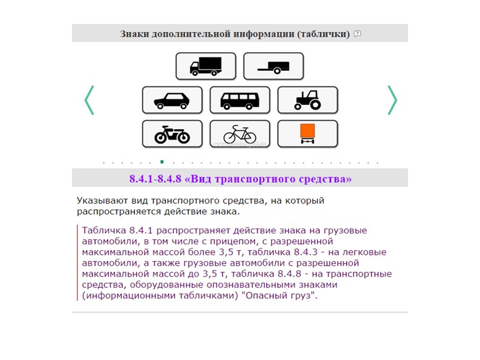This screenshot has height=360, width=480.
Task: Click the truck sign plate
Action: (206, 66)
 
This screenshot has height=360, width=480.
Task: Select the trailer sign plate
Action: (274, 66)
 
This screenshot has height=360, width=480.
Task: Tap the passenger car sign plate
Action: (172, 100)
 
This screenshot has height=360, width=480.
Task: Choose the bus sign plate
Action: (240, 100)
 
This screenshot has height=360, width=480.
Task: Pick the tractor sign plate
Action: (307, 100)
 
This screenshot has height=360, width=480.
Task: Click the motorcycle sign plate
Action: (172, 134)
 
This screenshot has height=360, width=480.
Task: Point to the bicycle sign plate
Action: (240, 134)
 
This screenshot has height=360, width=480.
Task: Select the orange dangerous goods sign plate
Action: (307, 133)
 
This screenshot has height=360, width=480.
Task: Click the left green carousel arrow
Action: (89, 100)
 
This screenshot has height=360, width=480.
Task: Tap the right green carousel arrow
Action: (392, 100)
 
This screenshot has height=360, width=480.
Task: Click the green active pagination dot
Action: (162, 162)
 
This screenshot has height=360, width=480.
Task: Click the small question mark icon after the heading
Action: (358, 34)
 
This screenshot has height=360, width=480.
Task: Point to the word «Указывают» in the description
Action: (101, 200)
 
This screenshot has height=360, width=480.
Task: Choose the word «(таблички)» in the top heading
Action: (323, 34)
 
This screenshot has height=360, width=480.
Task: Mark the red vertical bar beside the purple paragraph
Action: (77, 263)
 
